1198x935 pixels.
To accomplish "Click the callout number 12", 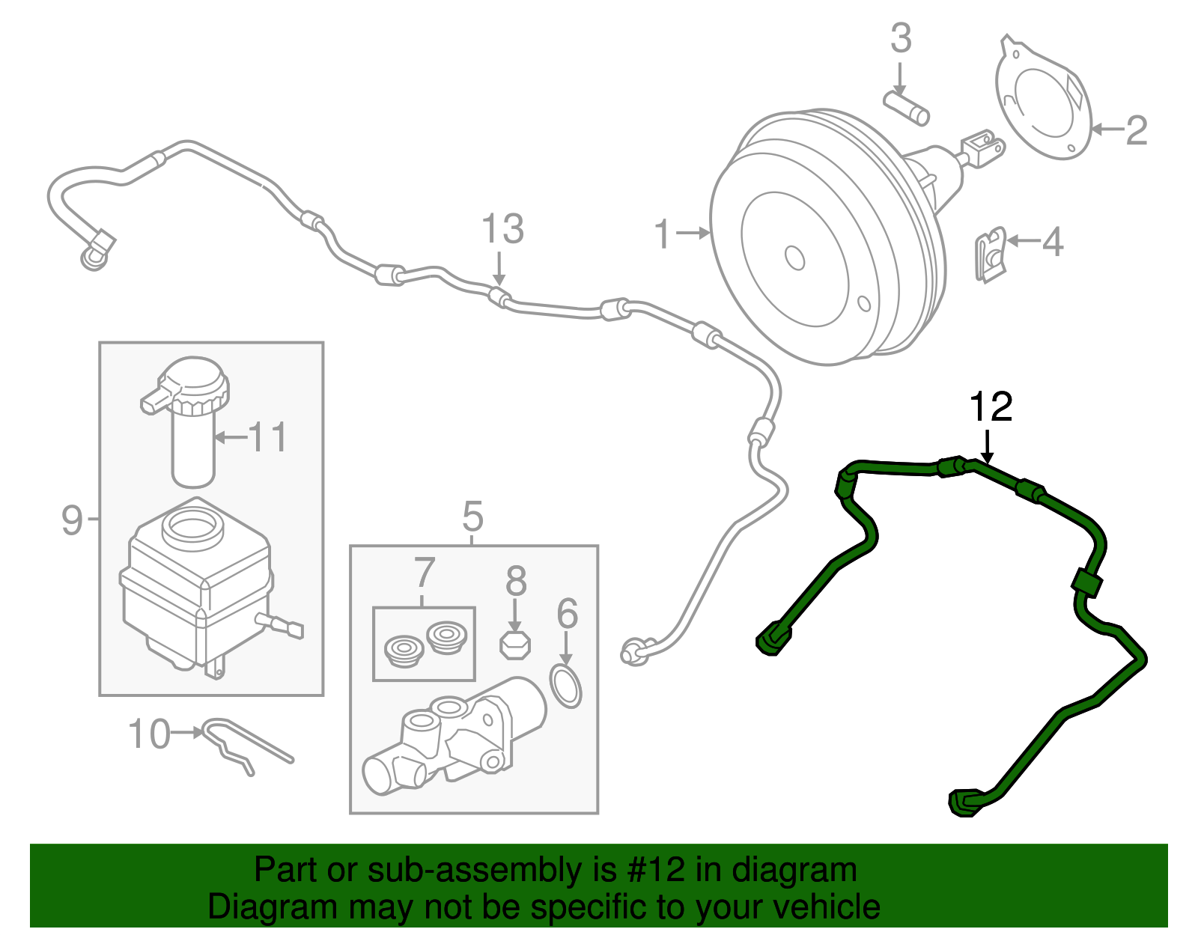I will (x=990, y=407).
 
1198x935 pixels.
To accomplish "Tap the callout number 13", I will (x=502, y=229).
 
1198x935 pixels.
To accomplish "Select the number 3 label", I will (x=901, y=38).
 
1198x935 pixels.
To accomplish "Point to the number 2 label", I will (x=1136, y=130).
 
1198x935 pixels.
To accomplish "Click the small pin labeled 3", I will (x=907, y=107).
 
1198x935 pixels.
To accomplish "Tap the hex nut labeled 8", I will (x=514, y=644).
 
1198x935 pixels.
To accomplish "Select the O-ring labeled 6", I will (x=567, y=683).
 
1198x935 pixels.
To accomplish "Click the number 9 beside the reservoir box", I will (x=72, y=519).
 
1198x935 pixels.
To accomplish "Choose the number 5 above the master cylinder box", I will (x=472, y=517).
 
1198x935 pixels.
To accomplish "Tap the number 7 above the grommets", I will (x=424, y=573).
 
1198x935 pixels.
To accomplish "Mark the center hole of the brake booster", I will (x=794, y=257).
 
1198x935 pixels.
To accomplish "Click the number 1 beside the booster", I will (x=663, y=234).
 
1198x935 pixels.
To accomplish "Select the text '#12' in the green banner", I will (x=652, y=871).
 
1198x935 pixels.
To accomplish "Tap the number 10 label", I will (x=150, y=734).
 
